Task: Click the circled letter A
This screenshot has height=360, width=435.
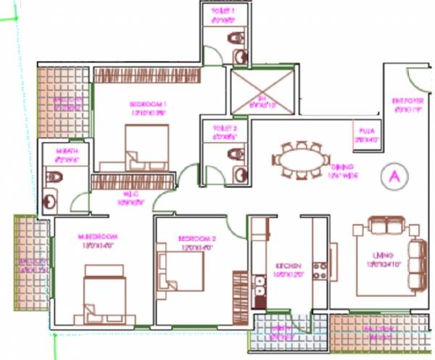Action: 394,176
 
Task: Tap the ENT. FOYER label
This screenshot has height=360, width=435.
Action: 407,103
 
